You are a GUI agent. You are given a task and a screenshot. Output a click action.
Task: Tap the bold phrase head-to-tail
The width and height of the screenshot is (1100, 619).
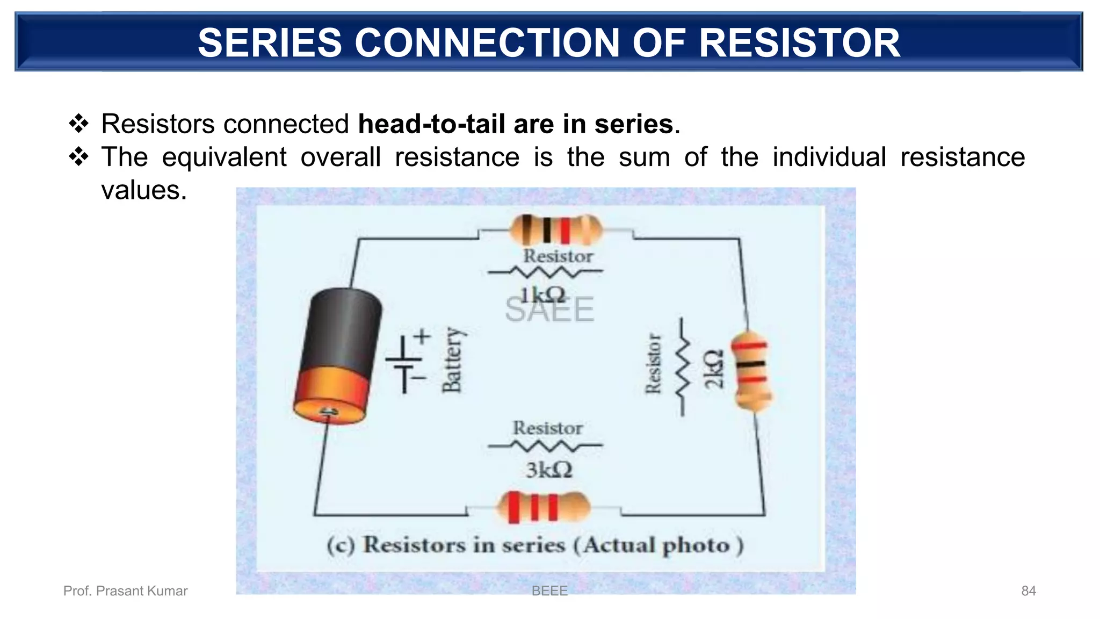point(431,124)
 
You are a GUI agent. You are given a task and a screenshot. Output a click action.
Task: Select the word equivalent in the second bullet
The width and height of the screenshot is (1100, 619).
point(224,157)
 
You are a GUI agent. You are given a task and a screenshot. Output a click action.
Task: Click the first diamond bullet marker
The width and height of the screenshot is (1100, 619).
point(78,124)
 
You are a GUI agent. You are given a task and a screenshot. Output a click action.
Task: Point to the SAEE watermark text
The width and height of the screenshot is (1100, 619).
point(549,309)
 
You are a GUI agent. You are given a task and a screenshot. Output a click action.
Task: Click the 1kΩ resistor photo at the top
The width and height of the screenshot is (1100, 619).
point(555,230)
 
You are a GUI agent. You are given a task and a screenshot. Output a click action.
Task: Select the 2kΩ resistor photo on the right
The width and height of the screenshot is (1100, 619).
point(752,371)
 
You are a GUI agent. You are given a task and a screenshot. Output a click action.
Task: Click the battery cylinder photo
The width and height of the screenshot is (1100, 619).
point(338,355)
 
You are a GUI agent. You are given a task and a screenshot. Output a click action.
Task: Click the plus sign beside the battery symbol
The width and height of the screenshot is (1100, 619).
point(422,337)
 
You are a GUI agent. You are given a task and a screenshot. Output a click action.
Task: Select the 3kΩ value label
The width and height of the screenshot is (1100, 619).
point(548,470)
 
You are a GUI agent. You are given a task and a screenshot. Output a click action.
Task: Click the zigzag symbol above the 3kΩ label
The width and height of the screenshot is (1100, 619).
point(545,445)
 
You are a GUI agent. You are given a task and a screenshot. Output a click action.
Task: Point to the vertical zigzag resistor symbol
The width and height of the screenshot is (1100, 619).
point(683,367)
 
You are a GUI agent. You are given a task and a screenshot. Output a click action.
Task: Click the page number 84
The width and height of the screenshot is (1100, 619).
point(1028,591)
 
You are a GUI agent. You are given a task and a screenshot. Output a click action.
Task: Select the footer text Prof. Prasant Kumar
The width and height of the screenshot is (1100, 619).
point(125,591)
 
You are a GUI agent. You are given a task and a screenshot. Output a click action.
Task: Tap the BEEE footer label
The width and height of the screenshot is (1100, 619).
point(549,591)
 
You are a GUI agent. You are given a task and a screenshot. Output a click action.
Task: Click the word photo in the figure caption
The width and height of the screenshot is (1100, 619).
point(696,546)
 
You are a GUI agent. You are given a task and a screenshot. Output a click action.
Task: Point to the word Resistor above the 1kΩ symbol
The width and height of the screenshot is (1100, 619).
point(558,256)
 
